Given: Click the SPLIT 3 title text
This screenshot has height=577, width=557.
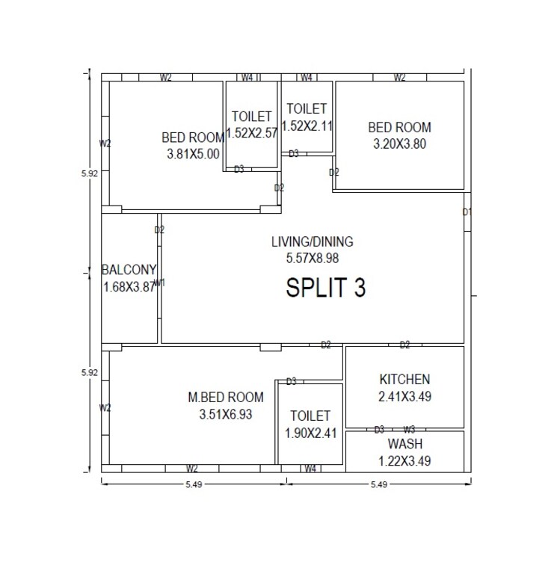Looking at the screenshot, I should (326, 288).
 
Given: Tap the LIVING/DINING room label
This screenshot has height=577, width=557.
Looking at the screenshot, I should (312, 241).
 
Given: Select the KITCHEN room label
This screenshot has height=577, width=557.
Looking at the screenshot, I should (404, 379).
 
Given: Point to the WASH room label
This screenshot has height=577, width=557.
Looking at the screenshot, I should (404, 444).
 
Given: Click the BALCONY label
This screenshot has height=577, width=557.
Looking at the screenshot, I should (129, 270).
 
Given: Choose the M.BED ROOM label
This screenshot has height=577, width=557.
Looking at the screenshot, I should (226, 397).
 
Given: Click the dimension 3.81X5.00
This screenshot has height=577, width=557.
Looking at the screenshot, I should (193, 154).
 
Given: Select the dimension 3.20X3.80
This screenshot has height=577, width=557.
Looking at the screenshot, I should (399, 144).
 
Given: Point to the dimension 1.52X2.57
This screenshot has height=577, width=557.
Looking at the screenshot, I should (252, 132).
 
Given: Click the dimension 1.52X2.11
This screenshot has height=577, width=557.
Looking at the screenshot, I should (307, 126).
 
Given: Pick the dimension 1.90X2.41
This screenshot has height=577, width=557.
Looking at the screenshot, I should (310, 433).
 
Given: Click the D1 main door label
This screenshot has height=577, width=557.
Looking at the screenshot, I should (467, 212).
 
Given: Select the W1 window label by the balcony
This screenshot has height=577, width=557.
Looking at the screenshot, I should (159, 282).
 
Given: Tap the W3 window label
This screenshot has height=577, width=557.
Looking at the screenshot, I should (409, 430).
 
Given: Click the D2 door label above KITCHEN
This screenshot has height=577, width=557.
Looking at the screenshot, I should (404, 345).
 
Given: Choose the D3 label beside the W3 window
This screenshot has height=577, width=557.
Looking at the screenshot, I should (379, 430).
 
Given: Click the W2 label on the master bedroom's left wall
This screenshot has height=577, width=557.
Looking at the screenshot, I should (105, 408).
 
